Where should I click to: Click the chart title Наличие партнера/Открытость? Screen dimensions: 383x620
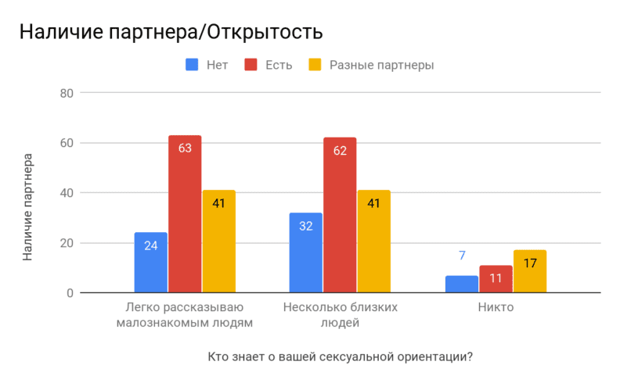click(171, 33)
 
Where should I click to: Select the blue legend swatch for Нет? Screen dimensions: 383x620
click(193, 65)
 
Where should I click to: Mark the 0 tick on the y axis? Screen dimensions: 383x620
click(69, 293)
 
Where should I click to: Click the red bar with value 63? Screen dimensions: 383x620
click(185, 214)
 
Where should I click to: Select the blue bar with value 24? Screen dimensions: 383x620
click(151, 263)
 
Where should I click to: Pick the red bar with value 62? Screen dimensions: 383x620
click(340, 215)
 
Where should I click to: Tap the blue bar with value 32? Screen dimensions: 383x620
click(306, 252)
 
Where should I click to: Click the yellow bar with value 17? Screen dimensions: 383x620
click(530, 271)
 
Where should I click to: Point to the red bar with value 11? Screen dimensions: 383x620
click(496, 279)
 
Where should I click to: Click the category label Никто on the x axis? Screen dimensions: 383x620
click(496, 307)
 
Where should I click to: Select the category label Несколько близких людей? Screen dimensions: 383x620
click(340, 314)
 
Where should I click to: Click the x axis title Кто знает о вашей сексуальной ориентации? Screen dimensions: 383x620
click(341, 357)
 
